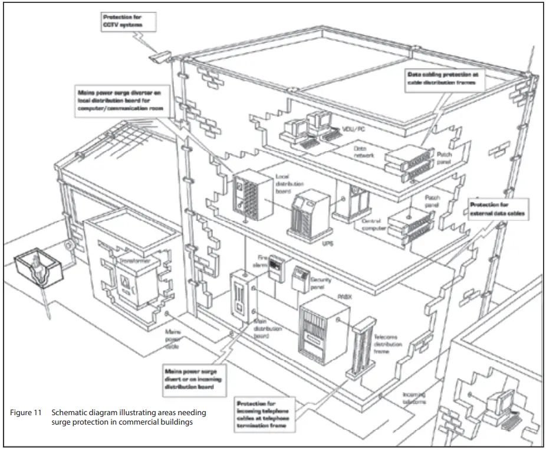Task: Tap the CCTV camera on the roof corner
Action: [160, 57]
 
